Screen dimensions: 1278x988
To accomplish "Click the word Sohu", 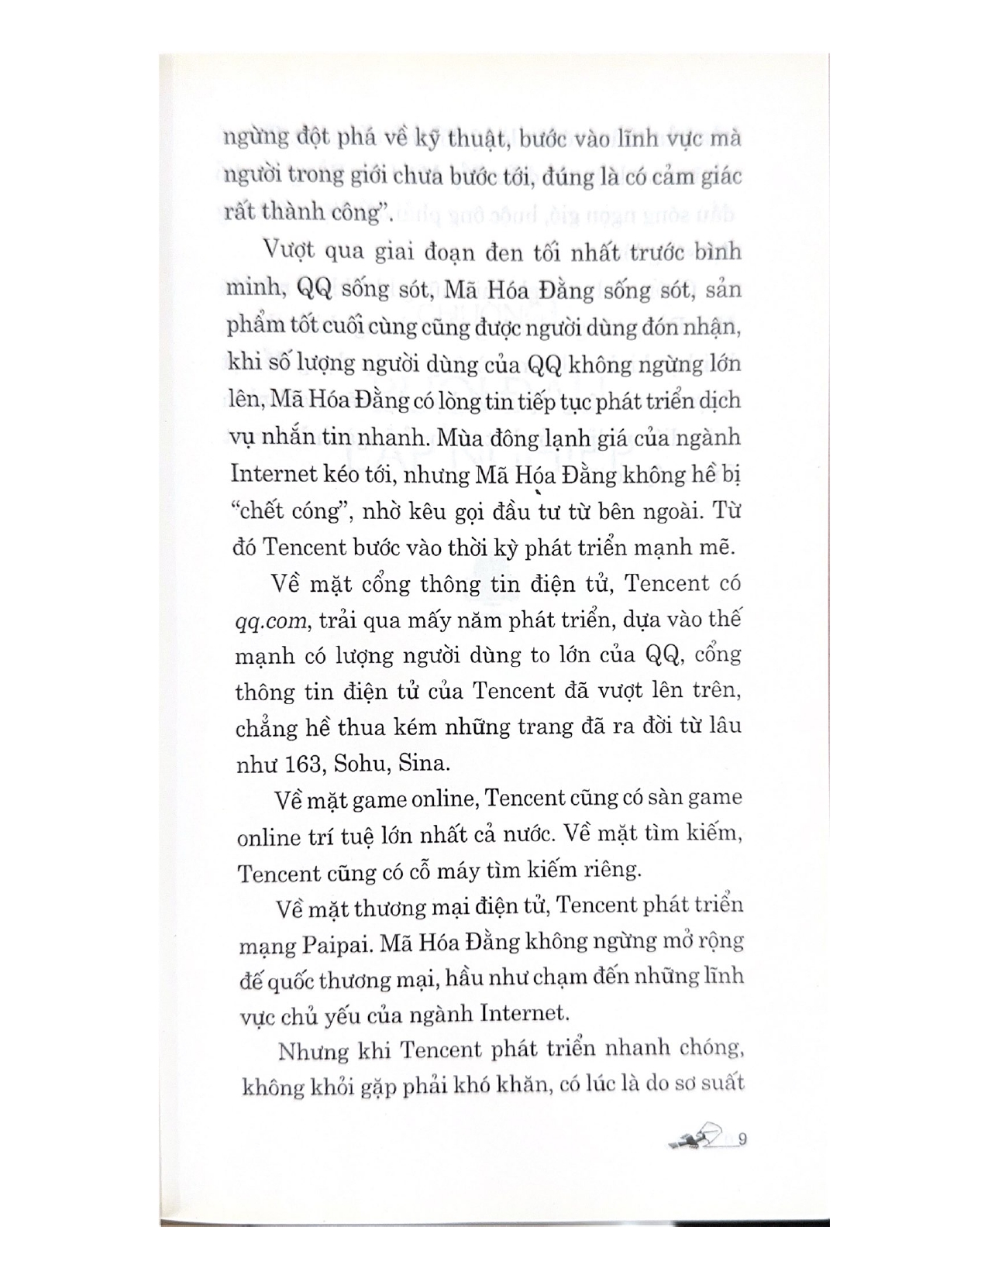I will click(x=361, y=764).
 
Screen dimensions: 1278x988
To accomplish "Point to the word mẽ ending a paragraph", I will click(x=717, y=547).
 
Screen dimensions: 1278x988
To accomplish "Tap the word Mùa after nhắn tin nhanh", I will click(x=459, y=438).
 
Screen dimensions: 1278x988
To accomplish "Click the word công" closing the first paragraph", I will click(x=359, y=212).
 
